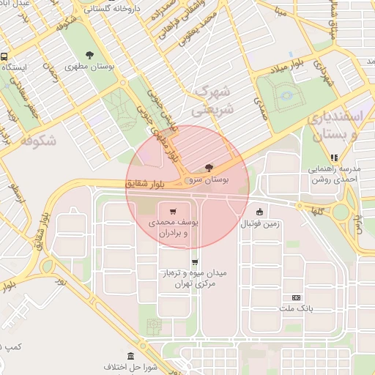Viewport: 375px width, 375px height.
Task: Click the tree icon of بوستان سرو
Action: (x=211, y=168)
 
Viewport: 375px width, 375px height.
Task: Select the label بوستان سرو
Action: (x=211, y=179)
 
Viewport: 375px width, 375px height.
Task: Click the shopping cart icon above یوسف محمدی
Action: (x=173, y=209)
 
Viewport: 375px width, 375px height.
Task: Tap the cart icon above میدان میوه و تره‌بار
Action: (x=194, y=262)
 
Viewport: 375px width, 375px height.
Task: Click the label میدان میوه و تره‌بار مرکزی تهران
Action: (x=194, y=278)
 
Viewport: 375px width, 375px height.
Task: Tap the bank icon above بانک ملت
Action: (x=297, y=297)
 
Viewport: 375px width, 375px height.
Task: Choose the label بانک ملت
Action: (x=297, y=309)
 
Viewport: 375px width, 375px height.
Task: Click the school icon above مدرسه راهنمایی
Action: (x=334, y=157)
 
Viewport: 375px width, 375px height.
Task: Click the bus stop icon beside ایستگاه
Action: (x=5, y=56)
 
